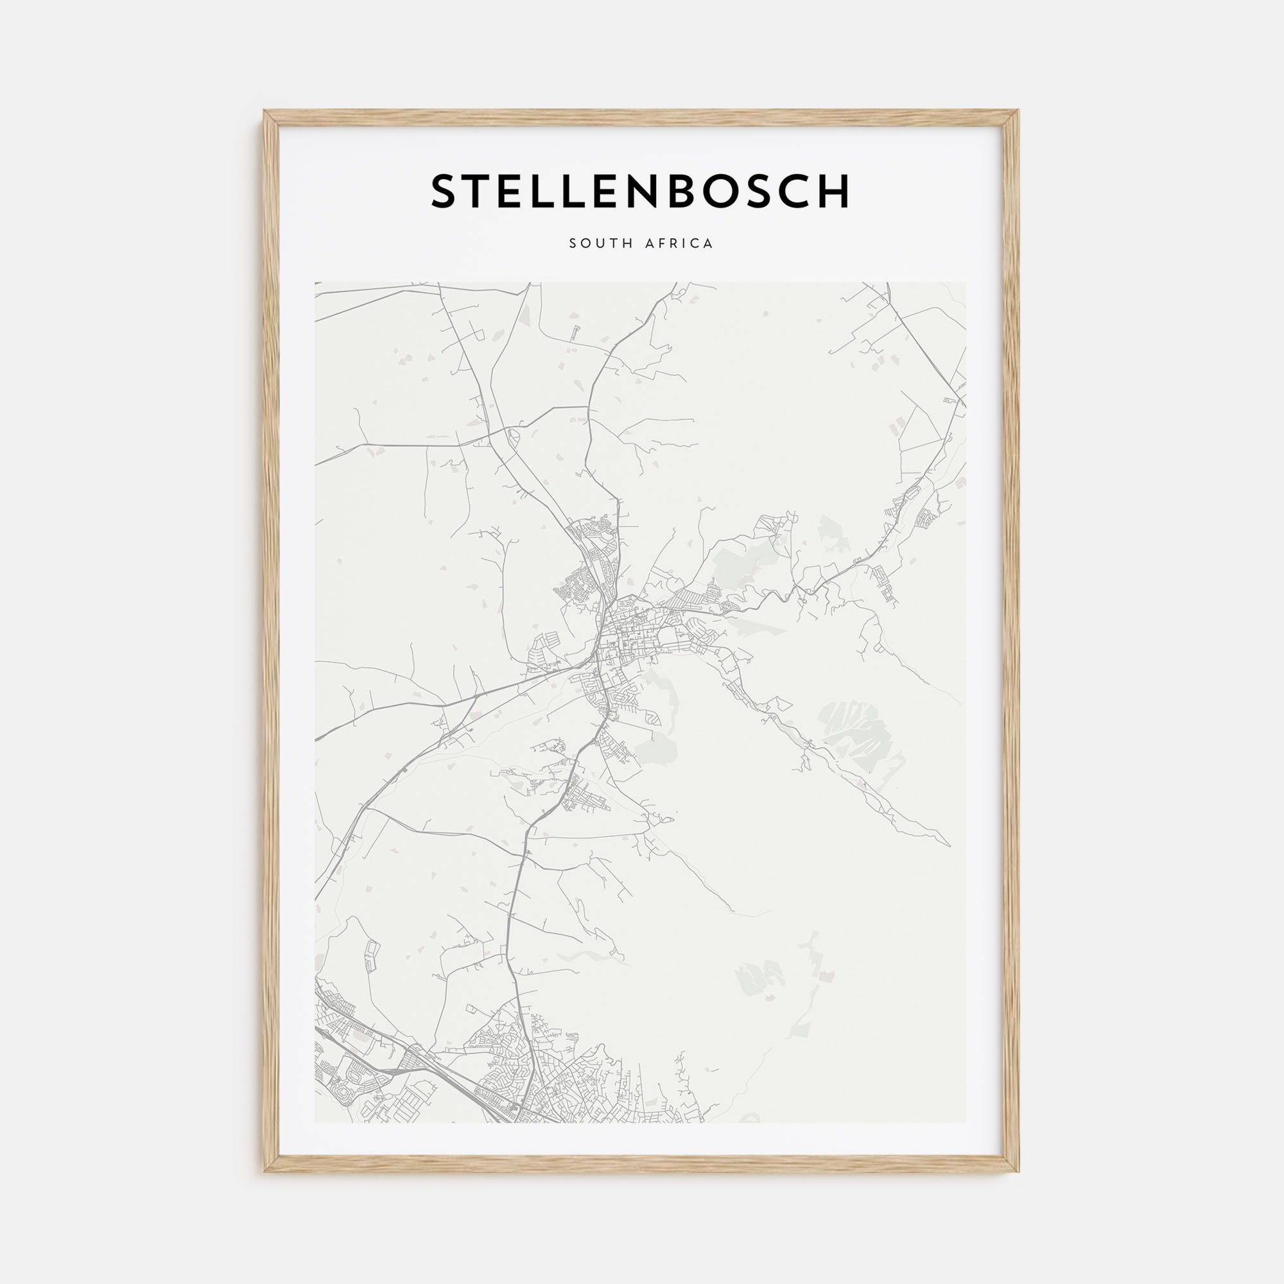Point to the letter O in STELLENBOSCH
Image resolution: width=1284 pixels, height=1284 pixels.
(x=720, y=192)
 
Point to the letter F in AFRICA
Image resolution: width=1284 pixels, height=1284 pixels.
(x=657, y=243)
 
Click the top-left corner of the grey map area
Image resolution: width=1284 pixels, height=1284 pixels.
(x=316, y=283)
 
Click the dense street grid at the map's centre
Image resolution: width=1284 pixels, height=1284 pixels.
(x=625, y=628)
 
